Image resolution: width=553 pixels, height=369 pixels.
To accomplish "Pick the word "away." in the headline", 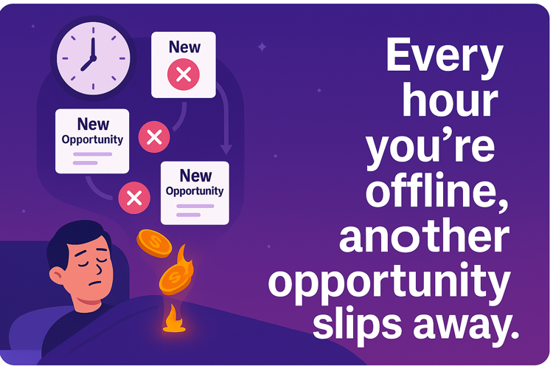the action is (465, 327).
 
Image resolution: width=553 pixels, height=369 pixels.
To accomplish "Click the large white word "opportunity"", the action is (389, 283).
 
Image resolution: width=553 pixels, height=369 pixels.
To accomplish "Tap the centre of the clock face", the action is (94, 58).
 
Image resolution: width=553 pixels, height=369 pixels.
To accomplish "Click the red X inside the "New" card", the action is (184, 75).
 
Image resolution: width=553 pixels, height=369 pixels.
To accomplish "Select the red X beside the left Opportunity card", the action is (154, 137).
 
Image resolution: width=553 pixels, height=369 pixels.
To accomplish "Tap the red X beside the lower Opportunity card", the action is (134, 198).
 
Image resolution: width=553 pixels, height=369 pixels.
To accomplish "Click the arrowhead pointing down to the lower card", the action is (226, 149).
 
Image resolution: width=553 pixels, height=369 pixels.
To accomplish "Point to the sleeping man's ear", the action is (57, 275).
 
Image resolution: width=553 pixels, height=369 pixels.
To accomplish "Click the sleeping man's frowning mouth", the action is (95, 283).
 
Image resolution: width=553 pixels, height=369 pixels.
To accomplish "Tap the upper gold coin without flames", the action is (154, 243).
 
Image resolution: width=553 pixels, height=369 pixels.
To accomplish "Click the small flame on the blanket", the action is (174, 320).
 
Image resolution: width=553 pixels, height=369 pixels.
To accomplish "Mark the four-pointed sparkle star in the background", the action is (262, 46).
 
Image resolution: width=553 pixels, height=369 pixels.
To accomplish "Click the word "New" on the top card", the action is (184, 47).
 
